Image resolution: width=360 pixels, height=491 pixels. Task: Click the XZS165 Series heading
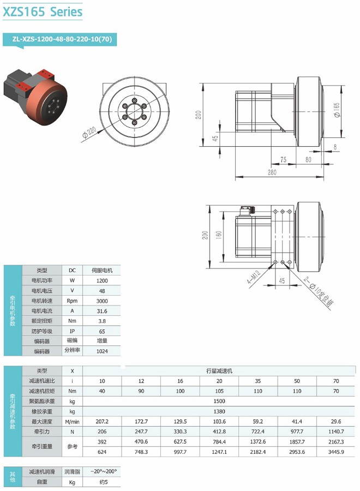pyautogui.click(x=43, y=12)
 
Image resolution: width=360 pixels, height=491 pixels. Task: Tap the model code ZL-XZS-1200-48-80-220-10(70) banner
pyautogui.click(x=62, y=39)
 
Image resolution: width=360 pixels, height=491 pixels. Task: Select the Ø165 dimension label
pyautogui.click(x=337, y=110)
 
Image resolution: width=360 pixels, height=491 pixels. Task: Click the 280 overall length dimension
pyautogui.click(x=272, y=172)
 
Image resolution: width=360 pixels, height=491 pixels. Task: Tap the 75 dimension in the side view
pyautogui.click(x=283, y=160)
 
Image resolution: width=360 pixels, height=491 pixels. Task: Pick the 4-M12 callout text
pyautogui.click(x=254, y=278)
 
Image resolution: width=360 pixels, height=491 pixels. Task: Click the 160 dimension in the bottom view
pyautogui.click(x=219, y=235)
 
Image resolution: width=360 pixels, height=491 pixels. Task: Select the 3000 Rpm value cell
pyautogui.click(x=102, y=301)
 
